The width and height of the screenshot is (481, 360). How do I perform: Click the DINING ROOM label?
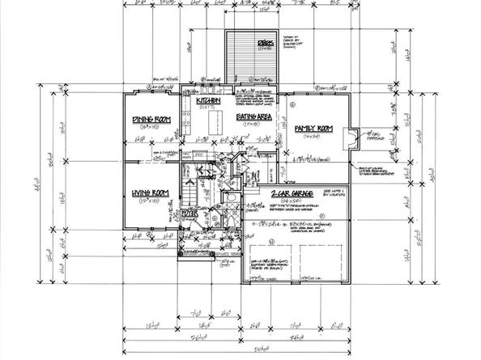[x=151, y=121]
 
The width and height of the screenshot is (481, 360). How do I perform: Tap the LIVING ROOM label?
[x=150, y=193]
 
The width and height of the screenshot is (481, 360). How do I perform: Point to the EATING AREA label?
[x=253, y=117]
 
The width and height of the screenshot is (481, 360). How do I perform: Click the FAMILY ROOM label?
[x=313, y=128]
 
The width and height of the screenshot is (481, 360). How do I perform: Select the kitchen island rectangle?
[x=215, y=124]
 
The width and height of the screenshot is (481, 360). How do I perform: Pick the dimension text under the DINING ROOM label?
[x=152, y=128]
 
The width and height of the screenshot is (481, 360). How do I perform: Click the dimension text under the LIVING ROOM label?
[x=150, y=200]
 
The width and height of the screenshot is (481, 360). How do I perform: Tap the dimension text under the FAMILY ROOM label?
[x=312, y=136]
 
